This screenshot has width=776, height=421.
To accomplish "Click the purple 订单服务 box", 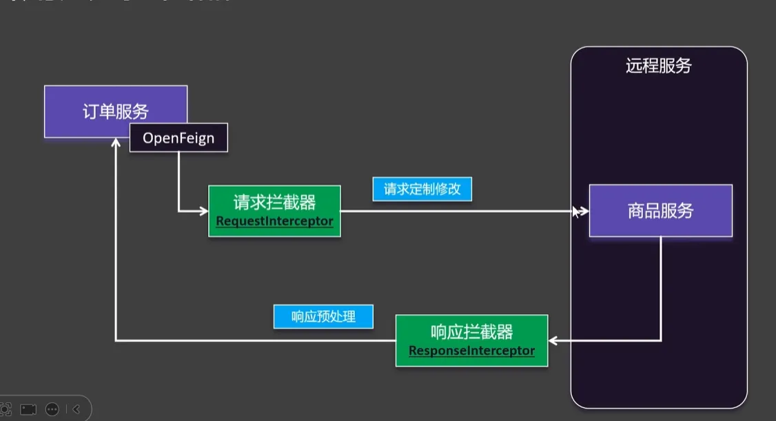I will tap(115, 111).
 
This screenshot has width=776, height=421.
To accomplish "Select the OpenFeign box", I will tap(178, 138).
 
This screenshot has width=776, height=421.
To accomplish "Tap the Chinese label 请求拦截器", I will tap(274, 202).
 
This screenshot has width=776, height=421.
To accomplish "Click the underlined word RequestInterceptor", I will tap(274, 222).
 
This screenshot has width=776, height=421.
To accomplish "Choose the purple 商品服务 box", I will tap(660, 211).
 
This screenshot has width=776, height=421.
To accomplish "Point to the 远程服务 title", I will tap(658, 66).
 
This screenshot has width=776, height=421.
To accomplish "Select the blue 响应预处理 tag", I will tap(323, 317).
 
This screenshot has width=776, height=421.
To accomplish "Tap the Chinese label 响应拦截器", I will tap(471, 332).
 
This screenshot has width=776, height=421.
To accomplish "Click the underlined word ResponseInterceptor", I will tap(471, 351).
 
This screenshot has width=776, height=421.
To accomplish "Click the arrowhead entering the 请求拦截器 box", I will tap(204, 211).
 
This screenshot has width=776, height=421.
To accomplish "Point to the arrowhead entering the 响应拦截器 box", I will tap(553, 340).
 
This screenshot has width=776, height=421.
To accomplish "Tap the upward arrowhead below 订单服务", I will tap(116, 143).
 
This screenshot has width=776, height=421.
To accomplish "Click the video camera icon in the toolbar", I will tap(28, 409).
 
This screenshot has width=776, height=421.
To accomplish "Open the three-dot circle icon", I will tap(52, 409).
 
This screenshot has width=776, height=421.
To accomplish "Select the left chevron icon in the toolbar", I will tap(76, 409).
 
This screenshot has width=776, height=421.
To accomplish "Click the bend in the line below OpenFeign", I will tap(178, 211).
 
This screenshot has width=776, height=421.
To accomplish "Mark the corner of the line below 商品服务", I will tap(661, 340).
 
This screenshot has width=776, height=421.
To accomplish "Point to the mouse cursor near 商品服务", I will tap(574, 212).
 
